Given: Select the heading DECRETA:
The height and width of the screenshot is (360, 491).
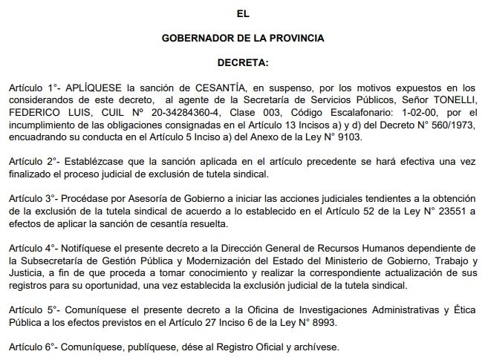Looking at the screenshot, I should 243,62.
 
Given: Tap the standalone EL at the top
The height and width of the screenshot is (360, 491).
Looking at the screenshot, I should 243,13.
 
